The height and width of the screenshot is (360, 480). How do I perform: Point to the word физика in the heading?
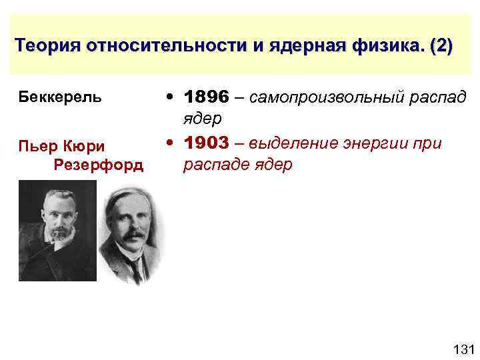click(x=387, y=47)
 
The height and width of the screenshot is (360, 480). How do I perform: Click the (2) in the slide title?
click(x=441, y=47)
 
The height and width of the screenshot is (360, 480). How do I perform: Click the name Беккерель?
click(x=60, y=97)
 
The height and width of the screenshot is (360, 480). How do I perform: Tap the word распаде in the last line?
click(x=212, y=165)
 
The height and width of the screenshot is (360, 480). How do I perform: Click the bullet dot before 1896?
click(x=173, y=97)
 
